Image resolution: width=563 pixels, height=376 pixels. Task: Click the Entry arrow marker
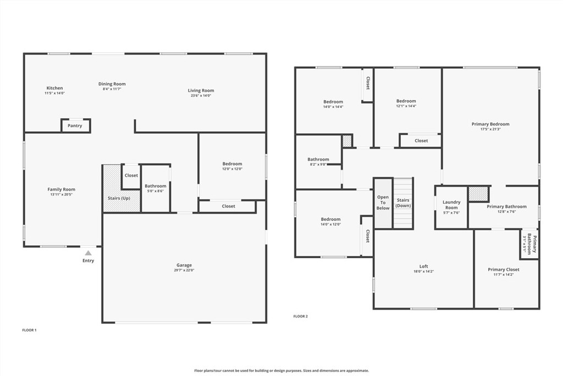tap(88, 253)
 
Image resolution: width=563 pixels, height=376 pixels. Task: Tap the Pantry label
tap(75, 126)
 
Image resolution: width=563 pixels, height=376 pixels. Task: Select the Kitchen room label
tap(54, 88)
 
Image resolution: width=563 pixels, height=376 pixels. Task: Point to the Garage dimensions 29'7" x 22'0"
tap(185, 270)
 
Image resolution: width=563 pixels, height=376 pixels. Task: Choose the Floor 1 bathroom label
tap(156, 186)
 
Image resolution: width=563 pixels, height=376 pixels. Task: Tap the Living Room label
tap(201, 90)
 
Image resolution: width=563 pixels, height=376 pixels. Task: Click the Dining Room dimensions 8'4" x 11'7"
tap(112, 89)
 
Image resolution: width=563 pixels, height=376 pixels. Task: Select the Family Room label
tap(61, 189)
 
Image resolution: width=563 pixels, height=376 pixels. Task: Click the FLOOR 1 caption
tap(29, 330)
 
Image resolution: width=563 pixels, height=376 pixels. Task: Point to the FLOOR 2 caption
tap(301, 317)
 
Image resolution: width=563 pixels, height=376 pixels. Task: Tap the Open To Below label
tap(383, 203)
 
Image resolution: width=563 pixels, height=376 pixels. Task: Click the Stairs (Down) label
tap(403, 203)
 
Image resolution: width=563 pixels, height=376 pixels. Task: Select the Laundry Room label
tap(451, 205)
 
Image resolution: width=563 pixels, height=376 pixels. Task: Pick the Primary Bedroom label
tap(490, 124)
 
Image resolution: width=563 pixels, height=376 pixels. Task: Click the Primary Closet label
tap(503, 270)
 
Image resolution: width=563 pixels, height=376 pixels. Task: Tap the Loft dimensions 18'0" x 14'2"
tap(423, 271)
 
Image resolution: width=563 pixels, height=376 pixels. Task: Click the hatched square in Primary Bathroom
tap(478, 194)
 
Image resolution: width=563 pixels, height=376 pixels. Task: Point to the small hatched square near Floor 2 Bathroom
tap(347, 141)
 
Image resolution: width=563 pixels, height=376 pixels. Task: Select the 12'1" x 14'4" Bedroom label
tap(406, 101)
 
